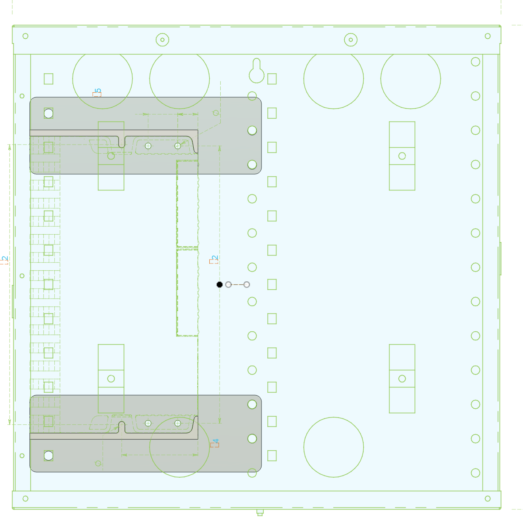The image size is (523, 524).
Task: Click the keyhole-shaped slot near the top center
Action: coord(256,72)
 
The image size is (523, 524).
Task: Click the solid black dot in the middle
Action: coord(219,285)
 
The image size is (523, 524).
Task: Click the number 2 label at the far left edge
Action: coord(4,260)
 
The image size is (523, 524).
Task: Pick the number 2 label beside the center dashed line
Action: coord(214,259)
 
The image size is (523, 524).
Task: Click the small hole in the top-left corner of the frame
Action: coord(26,36)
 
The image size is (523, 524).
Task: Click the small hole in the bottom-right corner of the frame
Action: coord(488,498)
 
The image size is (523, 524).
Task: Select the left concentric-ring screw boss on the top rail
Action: coord(162,40)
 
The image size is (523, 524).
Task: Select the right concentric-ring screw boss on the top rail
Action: coord(350,40)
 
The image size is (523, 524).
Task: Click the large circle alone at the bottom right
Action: coord(333,447)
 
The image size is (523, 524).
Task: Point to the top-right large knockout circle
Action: coord(410,78)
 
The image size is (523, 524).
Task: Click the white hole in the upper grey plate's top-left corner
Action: coord(49,113)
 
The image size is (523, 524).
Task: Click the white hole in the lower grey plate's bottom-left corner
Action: coord(49,455)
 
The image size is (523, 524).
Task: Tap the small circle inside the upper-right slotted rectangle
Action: coord(402,156)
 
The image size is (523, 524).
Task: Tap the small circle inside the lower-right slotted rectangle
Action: coord(402,378)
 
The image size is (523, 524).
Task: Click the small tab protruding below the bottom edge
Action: coord(260,513)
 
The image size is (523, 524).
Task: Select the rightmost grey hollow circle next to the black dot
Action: coord(247,285)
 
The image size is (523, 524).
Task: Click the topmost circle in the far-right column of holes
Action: coord(475,62)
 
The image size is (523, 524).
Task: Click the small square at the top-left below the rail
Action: coord(49,79)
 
